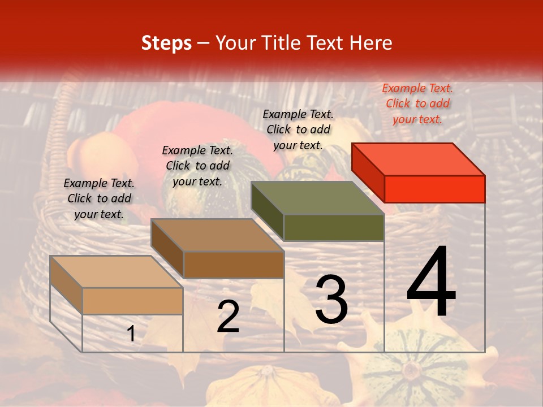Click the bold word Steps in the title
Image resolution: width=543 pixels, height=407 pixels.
[x=166, y=43]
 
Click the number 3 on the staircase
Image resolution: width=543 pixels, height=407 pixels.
[x=331, y=300]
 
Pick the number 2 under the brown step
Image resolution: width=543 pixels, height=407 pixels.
[x=228, y=317]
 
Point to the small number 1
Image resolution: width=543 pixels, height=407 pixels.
[x=131, y=334]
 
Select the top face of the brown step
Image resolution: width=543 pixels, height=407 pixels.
[x=217, y=235]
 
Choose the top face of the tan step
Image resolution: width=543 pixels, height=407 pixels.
[x=117, y=272]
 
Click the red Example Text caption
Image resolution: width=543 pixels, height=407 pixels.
[x=417, y=103]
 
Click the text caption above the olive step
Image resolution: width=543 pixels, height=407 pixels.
[x=298, y=129]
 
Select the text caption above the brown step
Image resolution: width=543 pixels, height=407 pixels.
[x=197, y=166]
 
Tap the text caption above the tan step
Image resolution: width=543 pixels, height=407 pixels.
[x=99, y=198]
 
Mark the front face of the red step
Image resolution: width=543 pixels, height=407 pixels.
[x=434, y=189]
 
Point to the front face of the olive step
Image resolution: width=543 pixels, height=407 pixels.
[x=334, y=227]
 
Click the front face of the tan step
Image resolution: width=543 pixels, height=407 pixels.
[x=132, y=301]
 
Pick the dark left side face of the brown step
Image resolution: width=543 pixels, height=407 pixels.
[x=167, y=249]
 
